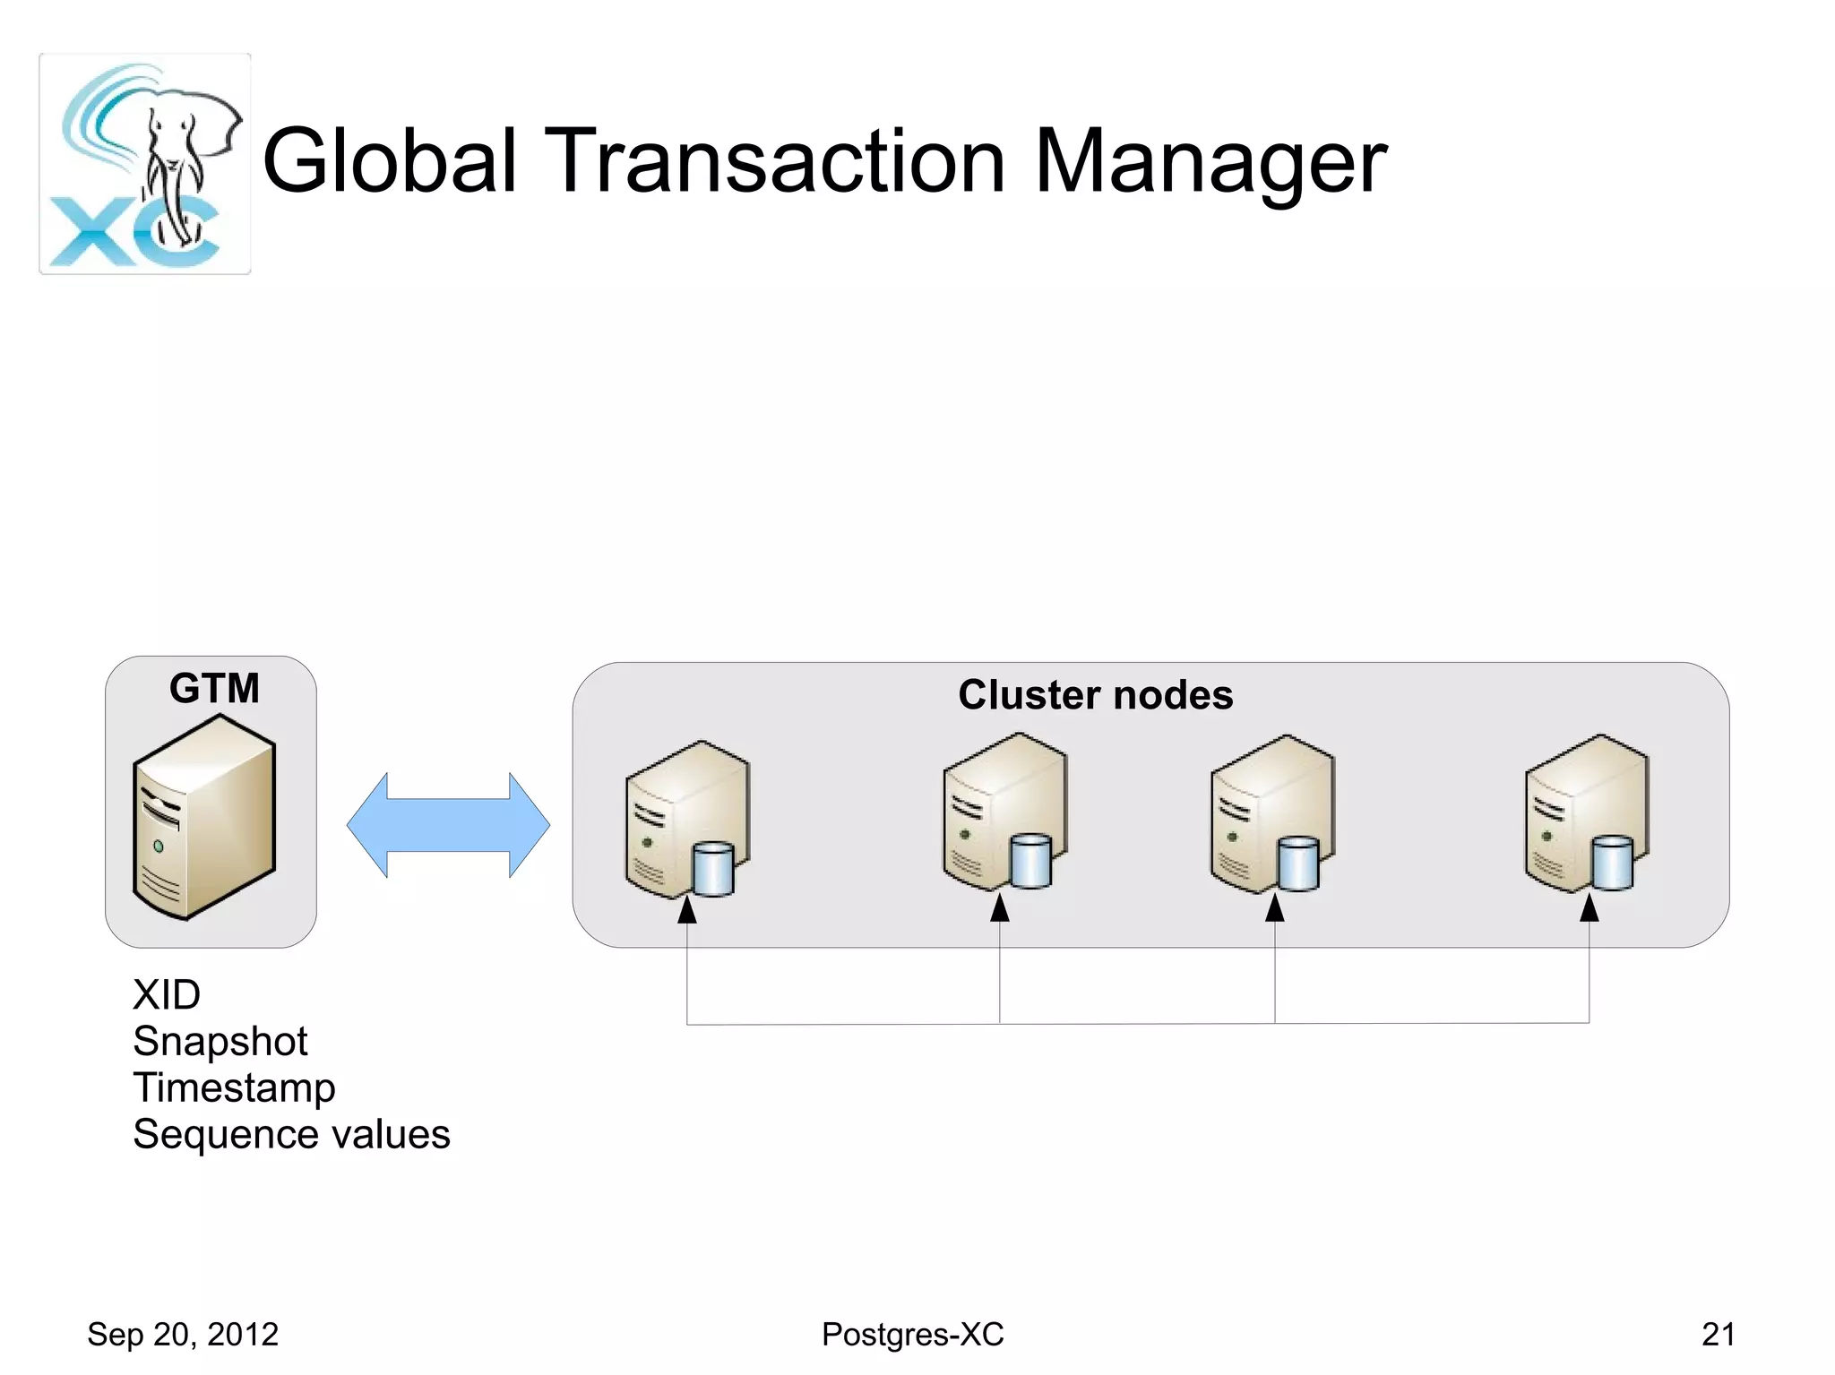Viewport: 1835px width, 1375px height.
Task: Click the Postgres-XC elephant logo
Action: (x=145, y=164)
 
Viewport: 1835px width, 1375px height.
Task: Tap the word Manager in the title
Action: (x=1210, y=162)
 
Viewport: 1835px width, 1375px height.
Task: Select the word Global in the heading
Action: (x=390, y=162)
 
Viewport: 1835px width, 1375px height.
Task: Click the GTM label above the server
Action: (x=214, y=689)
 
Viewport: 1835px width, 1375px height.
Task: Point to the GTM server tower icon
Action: (x=204, y=829)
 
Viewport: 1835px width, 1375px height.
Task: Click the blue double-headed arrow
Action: (x=448, y=825)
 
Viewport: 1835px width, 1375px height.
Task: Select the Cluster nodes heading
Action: (x=1095, y=695)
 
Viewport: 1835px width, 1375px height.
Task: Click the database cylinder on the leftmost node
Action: (x=713, y=868)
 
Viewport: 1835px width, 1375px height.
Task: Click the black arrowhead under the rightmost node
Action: (x=1589, y=908)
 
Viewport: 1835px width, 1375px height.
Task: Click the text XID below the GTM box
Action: (x=167, y=994)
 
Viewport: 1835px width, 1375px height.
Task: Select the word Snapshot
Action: (x=220, y=1041)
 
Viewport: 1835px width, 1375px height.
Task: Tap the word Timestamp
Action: (x=234, y=1087)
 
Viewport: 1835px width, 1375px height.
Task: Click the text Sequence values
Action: (x=291, y=1134)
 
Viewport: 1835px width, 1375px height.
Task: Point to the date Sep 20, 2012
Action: (x=183, y=1334)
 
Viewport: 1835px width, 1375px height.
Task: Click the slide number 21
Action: (x=1718, y=1334)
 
